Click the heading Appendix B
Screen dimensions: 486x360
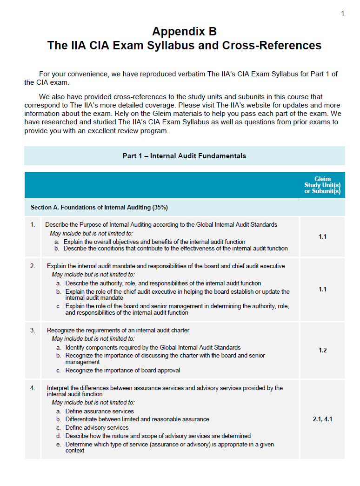[x=184, y=32]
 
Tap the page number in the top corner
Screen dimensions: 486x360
[x=343, y=13]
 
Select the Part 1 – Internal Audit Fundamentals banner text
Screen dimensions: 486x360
[x=184, y=156]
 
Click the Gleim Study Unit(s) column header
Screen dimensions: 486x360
[x=322, y=185]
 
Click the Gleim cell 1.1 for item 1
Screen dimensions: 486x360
[x=322, y=236]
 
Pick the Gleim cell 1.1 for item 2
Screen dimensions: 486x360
[x=322, y=289]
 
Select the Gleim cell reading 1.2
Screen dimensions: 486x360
[x=322, y=350]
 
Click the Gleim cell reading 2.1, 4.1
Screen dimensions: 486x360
[x=322, y=419]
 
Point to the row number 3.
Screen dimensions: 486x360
[x=33, y=331]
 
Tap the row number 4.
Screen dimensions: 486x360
[x=33, y=388]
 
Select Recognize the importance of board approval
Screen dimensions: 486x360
[x=122, y=371]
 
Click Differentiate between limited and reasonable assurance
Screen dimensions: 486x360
[x=137, y=419]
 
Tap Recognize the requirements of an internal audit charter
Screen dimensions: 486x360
[x=118, y=331]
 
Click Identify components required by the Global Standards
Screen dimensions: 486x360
[x=153, y=347]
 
